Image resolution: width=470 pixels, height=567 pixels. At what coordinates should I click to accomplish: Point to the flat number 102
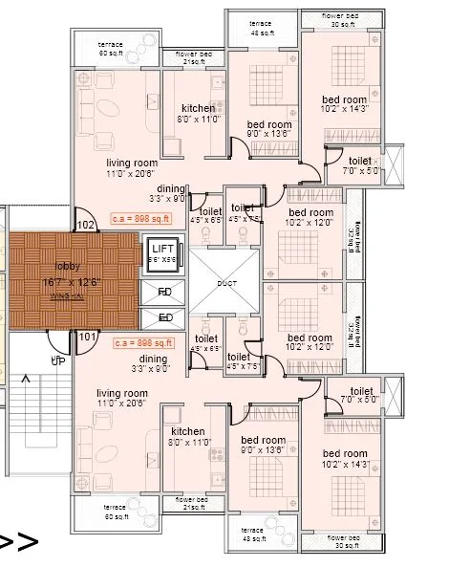tap(87, 226)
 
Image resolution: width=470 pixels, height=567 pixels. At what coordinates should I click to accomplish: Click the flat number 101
tap(87, 337)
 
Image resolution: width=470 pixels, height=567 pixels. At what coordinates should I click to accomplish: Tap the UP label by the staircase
tap(57, 360)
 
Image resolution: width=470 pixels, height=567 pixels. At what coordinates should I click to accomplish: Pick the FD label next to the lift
tap(164, 292)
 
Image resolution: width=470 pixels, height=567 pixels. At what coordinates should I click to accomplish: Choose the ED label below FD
tap(164, 317)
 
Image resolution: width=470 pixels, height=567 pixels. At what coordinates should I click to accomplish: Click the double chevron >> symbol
tap(19, 542)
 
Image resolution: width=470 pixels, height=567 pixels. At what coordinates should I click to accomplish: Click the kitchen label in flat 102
tap(199, 108)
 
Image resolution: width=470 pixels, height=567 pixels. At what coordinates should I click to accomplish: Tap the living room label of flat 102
tap(132, 163)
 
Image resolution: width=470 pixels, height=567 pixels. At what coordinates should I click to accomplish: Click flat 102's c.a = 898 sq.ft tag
tap(139, 218)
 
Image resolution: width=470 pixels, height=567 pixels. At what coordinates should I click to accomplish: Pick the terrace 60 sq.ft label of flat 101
tap(115, 512)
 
